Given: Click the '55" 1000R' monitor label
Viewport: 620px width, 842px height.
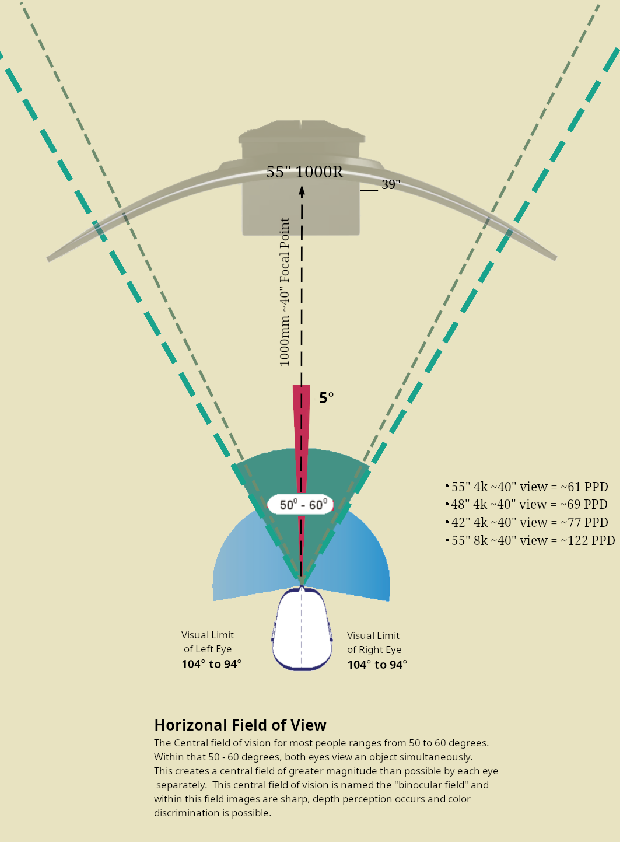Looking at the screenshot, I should pyautogui.click(x=304, y=172).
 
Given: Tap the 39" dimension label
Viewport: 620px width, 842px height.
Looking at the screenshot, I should pyautogui.click(x=391, y=185).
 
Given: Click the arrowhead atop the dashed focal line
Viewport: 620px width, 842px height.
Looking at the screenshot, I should pyautogui.click(x=302, y=189).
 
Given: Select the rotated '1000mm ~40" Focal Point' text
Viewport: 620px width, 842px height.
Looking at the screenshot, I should pyautogui.click(x=285, y=292).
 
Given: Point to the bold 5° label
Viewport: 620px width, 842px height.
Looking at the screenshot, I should pyautogui.click(x=326, y=398).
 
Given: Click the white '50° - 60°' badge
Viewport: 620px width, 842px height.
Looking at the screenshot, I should pyautogui.click(x=301, y=505).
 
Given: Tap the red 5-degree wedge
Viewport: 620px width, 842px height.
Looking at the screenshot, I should pyautogui.click(x=302, y=420).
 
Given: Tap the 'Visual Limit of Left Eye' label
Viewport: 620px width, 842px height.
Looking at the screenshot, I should pyautogui.click(x=208, y=642).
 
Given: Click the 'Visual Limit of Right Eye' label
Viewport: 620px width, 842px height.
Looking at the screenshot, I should pyautogui.click(x=374, y=642).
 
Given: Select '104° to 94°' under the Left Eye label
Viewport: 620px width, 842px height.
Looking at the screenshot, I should pyautogui.click(x=211, y=664).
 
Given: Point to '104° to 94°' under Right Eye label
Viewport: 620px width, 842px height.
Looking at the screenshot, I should pyautogui.click(x=377, y=665).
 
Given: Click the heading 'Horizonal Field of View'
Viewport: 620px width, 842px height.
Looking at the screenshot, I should pyautogui.click(x=240, y=725).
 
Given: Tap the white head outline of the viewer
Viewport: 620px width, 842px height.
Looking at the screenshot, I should pyautogui.click(x=302, y=630).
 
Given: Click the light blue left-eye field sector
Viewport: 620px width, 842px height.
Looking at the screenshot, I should pyautogui.click(x=239, y=560).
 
